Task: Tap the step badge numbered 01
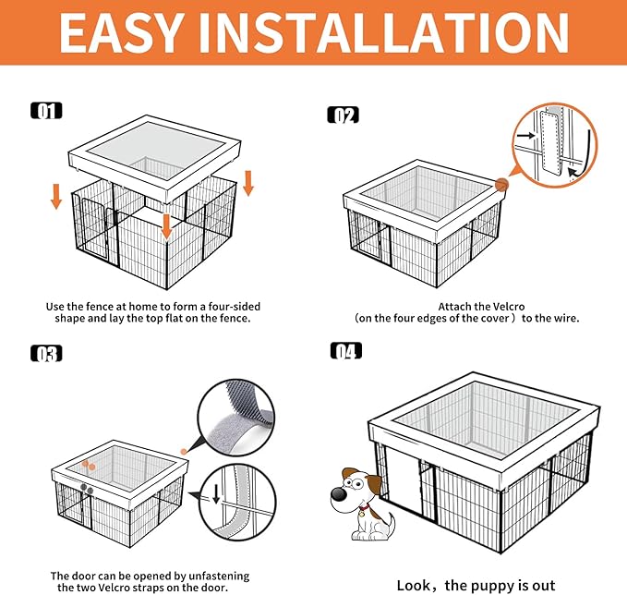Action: [46, 111]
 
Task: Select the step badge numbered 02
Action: [344, 115]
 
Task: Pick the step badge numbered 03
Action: [46, 354]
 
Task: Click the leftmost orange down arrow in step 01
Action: [56, 195]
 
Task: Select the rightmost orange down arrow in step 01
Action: [247, 182]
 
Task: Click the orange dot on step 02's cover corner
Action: [502, 185]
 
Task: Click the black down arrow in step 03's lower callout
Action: [216, 493]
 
